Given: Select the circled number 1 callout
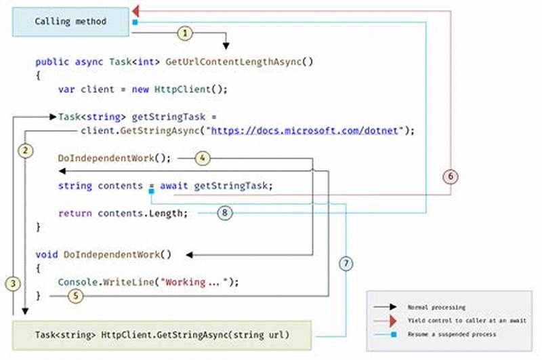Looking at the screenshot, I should click(x=186, y=32).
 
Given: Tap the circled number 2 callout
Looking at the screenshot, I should click(x=25, y=150).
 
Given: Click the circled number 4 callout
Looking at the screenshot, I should click(x=203, y=159).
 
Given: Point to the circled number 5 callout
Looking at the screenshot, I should click(x=76, y=296).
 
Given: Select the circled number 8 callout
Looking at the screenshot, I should click(x=226, y=213).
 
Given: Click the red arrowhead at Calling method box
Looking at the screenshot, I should click(x=135, y=11).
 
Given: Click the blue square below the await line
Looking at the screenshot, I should click(x=152, y=193).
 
